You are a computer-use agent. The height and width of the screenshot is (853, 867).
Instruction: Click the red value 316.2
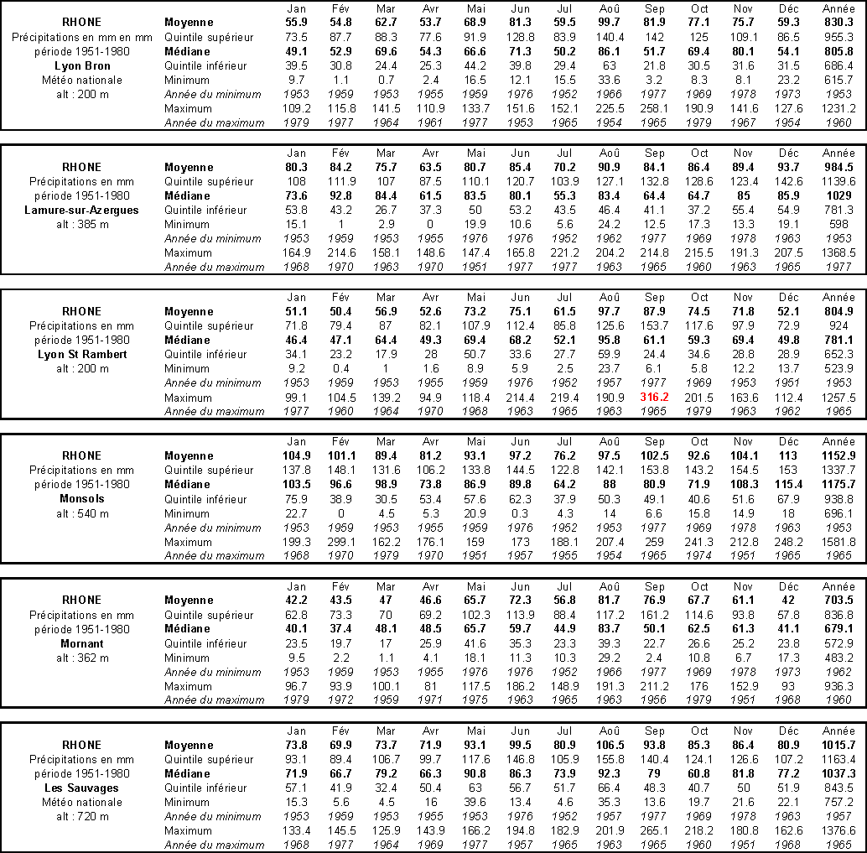654,397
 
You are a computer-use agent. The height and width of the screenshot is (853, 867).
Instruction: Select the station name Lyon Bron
82,65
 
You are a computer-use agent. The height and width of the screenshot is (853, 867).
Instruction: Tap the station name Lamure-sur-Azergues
82,210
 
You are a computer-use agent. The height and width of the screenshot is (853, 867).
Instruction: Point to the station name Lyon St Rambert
82,354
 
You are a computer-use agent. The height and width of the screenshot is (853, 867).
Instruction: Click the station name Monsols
82,498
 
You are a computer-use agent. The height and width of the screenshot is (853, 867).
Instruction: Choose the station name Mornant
82,643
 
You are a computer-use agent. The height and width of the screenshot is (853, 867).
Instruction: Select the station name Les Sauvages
82,788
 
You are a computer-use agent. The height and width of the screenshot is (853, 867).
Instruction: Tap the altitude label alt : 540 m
82,513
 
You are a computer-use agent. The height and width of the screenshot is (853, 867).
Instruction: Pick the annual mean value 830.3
838,23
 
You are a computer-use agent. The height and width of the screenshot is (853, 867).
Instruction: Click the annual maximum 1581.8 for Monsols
838,542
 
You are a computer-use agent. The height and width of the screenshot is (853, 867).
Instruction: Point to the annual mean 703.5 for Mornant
838,601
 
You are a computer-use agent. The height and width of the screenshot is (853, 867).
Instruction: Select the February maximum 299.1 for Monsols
340,542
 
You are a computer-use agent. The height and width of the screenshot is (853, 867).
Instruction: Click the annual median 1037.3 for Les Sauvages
838,773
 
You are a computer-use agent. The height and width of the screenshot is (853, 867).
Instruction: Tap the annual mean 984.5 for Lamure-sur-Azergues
838,167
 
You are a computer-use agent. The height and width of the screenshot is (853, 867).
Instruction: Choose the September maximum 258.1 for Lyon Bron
654,108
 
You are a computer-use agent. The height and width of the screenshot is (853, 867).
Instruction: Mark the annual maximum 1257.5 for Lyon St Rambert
838,397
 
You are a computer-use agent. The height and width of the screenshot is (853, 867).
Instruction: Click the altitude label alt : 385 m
82,224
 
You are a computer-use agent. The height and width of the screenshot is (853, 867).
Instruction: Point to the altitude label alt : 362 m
82,658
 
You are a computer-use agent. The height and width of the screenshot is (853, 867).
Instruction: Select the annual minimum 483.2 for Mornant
838,658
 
